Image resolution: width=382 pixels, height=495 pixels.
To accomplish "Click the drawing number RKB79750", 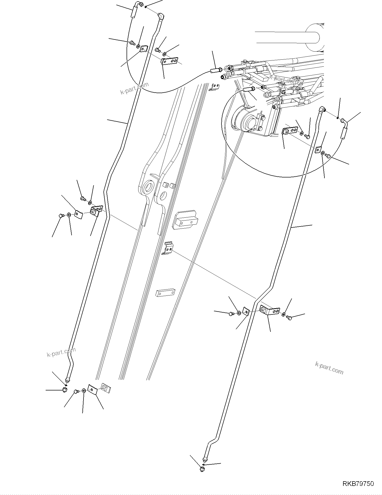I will click(x=358, y=484).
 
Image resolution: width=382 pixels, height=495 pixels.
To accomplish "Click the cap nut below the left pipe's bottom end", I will click(x=65, y=390).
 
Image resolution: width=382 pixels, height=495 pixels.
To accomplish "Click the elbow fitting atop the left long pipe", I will click(x=161, y=17).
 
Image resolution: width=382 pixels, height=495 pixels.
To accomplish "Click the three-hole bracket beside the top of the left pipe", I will click(x=169, y=61).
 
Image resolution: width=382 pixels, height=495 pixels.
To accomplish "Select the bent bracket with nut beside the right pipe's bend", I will click(x=269, y=310).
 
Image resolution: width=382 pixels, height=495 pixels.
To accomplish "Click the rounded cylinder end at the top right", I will click(x=314, y=38).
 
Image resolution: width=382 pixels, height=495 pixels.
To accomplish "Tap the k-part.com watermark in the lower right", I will click(x=329, y=368).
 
